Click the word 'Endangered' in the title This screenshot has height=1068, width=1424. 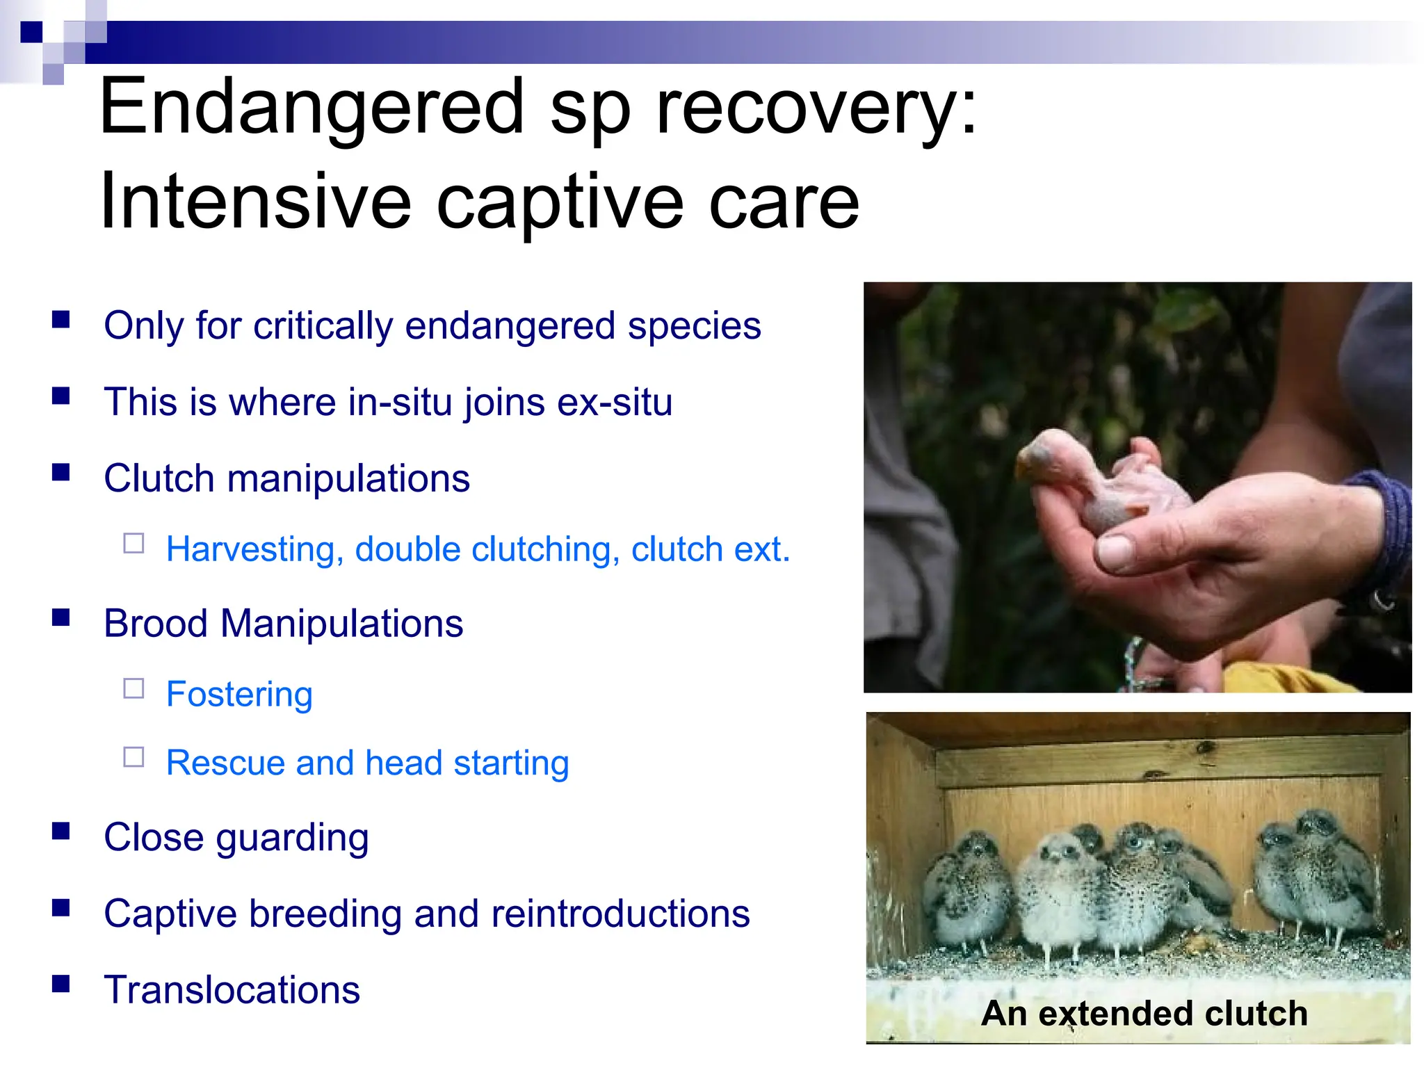tap(311, 108)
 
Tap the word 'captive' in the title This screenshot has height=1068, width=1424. tap(560, 203)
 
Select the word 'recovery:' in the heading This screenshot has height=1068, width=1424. tap(817, 108)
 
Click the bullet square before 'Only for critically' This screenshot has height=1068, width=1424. tap(61, 319)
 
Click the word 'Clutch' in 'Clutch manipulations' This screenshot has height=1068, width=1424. tap(159, 479)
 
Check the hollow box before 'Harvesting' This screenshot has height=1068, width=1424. tap(133, 543)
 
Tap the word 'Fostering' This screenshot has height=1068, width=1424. tap(239, 695)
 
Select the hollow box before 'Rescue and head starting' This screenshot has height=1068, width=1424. tap(133, 757)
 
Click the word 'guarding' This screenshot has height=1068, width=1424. tap(292, 838)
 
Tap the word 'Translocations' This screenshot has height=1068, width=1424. tap(232, 990)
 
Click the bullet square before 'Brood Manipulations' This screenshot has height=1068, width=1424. tap(61, 617)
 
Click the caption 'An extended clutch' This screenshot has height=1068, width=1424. tap(1144, 1014)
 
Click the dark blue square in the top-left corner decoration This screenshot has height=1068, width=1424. tap(31, 32)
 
